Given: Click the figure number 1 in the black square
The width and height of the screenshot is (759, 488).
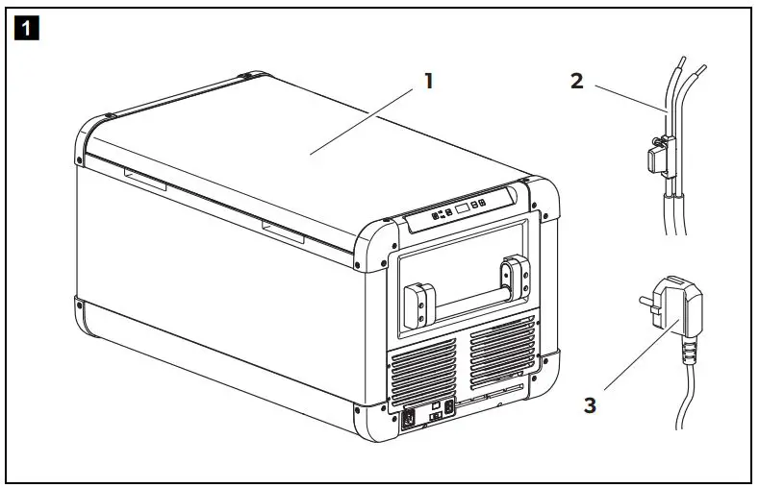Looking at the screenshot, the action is click(25, 28).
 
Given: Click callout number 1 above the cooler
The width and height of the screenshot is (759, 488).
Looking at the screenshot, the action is click(429, 82).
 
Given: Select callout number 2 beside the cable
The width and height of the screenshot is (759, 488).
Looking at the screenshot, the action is click(576, 82).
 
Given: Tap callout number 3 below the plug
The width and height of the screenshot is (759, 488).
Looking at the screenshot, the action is click(590, 404).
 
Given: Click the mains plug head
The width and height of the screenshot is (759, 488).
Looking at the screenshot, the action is click(670, 314).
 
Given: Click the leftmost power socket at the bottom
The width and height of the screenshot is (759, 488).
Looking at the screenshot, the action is click(410, 417).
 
